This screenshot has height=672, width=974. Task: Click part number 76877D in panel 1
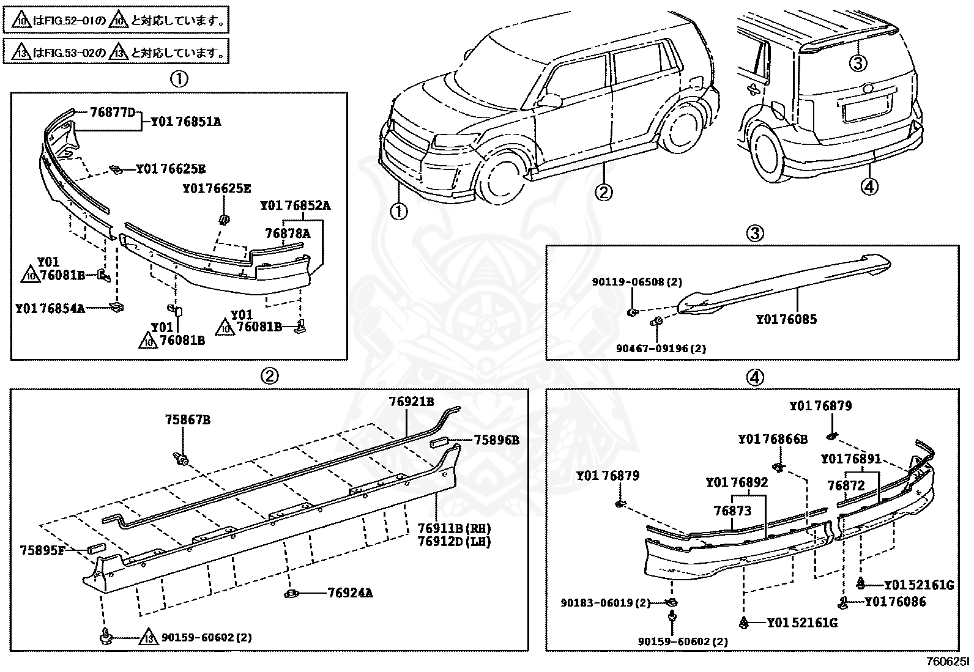(112, 113)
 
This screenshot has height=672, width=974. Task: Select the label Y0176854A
(50, 308)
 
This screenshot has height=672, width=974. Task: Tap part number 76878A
(287, 233)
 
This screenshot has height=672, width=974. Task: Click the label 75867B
(187, 420)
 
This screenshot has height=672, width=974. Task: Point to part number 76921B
(411, 402)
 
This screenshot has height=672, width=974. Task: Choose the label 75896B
(496, 440)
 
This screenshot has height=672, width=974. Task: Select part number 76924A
(350, 593)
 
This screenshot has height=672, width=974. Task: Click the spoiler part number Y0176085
(786, 319)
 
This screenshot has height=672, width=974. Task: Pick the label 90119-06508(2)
(636, 282)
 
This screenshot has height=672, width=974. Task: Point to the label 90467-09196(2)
(661, 349)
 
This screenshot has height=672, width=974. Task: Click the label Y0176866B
(772, 439)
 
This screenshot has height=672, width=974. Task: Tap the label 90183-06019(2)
(605, 603)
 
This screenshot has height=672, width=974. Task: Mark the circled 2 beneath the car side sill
(603, 193)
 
